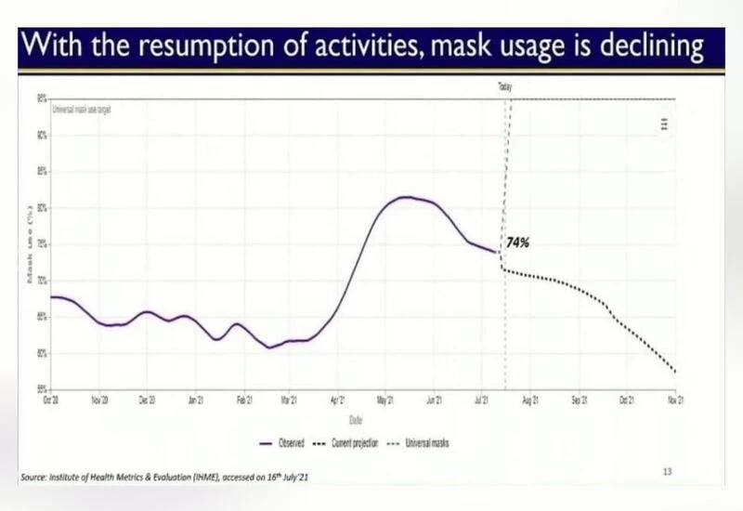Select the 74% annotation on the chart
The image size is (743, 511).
point(517,242)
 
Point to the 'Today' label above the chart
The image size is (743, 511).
point(505,86)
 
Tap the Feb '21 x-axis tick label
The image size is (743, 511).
point(244,400)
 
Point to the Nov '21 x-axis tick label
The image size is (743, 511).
point(674,400)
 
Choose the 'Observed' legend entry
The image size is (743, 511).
point(286,443)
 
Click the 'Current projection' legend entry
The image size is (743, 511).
point(347,443)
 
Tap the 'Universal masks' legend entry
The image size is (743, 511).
point(422,443)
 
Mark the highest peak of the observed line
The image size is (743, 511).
point(404,197)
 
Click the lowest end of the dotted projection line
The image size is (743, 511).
point(675,373)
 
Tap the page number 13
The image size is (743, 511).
point(667,472)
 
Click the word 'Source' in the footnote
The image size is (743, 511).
point(34,478)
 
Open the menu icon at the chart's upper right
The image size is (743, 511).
point(665,124)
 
